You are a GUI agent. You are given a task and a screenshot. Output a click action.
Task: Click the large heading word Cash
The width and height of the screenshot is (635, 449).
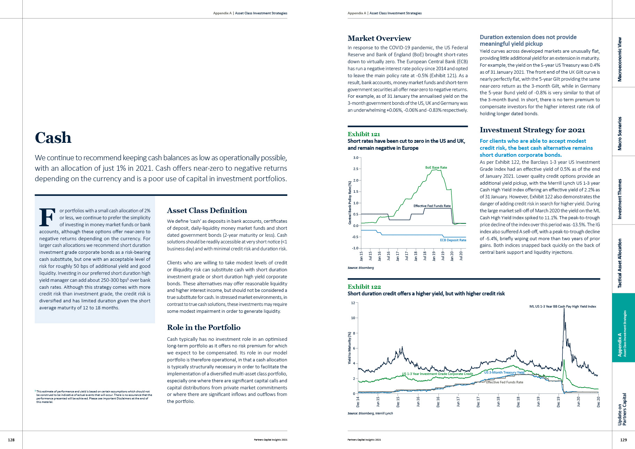click(53, 138)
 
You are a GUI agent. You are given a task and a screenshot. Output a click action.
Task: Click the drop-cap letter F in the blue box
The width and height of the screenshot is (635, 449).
click(47, 217)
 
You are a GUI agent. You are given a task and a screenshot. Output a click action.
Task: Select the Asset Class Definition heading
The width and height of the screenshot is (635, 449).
click(207, 211)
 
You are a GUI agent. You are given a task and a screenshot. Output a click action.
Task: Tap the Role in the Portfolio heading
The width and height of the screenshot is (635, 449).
click(204, 327)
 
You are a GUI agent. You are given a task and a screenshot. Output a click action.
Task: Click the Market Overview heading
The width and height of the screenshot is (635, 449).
click(379, 38)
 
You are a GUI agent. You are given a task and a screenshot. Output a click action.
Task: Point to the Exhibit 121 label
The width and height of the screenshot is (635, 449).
click(363, 134)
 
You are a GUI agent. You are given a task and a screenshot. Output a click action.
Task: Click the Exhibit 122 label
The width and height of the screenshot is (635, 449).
click(364, 287)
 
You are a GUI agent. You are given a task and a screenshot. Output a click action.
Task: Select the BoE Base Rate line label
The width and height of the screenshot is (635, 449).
click(436, 168)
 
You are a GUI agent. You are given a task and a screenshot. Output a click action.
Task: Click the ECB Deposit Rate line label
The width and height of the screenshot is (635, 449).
click(453, 240)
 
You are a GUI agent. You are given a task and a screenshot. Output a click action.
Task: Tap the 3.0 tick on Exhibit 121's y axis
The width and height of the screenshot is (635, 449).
click(356, 158)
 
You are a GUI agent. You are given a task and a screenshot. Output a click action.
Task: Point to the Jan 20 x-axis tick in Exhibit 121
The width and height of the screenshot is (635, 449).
click(452, 256)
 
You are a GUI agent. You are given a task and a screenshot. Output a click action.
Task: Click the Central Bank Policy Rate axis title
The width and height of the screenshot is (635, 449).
click(350, 203)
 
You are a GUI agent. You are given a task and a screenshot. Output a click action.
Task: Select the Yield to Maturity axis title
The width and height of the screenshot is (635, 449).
click(349, 348)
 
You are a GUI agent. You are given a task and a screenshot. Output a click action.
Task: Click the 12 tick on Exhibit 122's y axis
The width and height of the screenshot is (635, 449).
click(353, 303)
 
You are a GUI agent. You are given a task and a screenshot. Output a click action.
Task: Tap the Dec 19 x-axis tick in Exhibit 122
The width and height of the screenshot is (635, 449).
click(559, 402)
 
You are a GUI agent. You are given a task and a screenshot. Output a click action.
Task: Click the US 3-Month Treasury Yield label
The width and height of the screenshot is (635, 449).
click(504, 373)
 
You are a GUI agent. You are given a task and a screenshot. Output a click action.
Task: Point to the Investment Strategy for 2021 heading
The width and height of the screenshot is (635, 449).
click(532, 130)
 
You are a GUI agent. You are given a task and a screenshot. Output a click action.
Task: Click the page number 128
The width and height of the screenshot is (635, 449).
click(11, 440)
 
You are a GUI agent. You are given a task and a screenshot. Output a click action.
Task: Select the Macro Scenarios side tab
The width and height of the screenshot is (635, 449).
click(620, 134)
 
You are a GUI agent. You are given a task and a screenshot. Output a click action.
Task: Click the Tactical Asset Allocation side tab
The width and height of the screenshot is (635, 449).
click(620, 263)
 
